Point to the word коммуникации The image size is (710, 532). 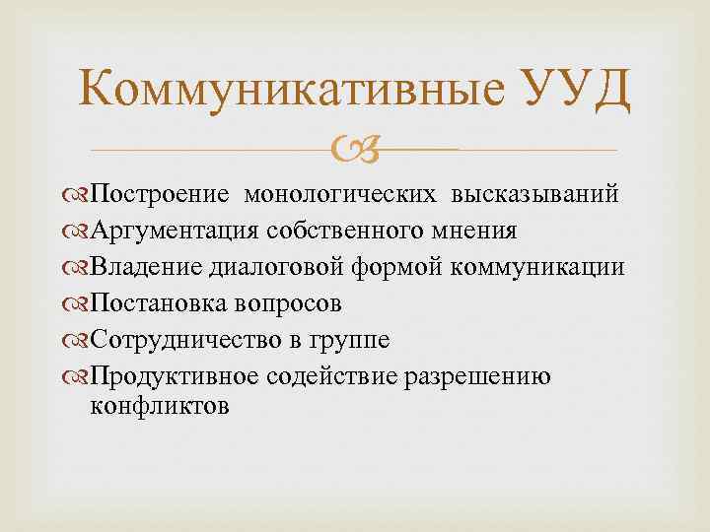pos(538,267)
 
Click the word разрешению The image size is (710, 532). pos(483,377)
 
